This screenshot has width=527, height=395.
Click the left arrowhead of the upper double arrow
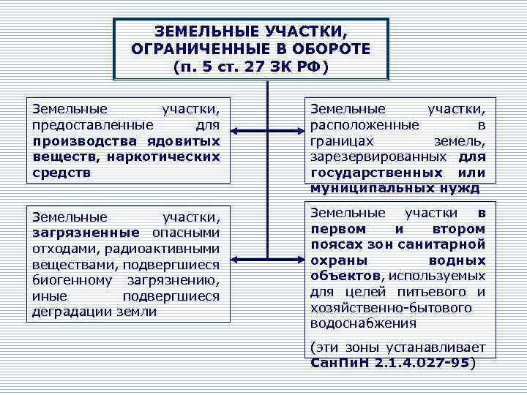(237, 132)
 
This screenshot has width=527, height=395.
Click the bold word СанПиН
(339, 362)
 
